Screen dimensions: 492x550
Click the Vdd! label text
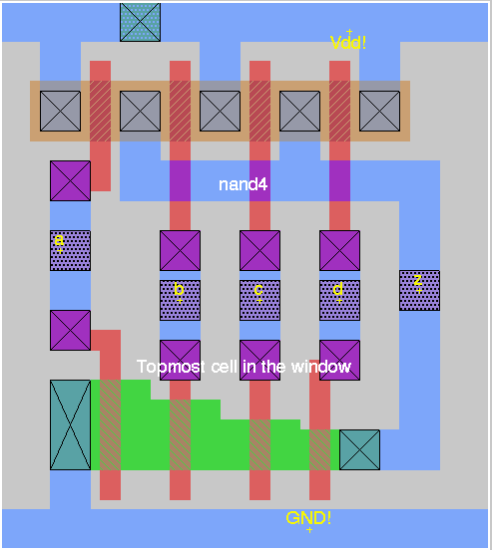point(348,43)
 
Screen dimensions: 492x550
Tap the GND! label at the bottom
point(308,518)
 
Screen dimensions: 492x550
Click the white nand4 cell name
point(243,184)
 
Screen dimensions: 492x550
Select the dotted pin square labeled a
point(70,250)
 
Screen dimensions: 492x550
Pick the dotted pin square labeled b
point(180,300)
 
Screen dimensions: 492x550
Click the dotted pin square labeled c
point(259,300)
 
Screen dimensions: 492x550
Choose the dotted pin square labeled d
point(339,300)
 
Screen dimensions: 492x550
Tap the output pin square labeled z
point(419,290)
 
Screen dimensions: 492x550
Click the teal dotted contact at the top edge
point(141,22)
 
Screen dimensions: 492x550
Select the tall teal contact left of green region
point(70,424)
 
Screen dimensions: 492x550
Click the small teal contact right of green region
point(359,449)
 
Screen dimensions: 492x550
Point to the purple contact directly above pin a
point(70,181)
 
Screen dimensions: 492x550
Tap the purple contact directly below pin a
point(70,330)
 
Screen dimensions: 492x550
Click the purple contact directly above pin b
point(180,250)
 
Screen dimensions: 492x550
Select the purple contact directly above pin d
point(339,250)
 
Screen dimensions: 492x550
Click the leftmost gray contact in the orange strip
point(60,112)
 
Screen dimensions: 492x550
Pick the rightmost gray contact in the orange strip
point(379,112)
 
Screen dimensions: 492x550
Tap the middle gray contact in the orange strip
point(220,112)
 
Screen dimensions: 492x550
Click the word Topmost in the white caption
point(171,367)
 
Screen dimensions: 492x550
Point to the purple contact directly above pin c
point(259,250)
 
